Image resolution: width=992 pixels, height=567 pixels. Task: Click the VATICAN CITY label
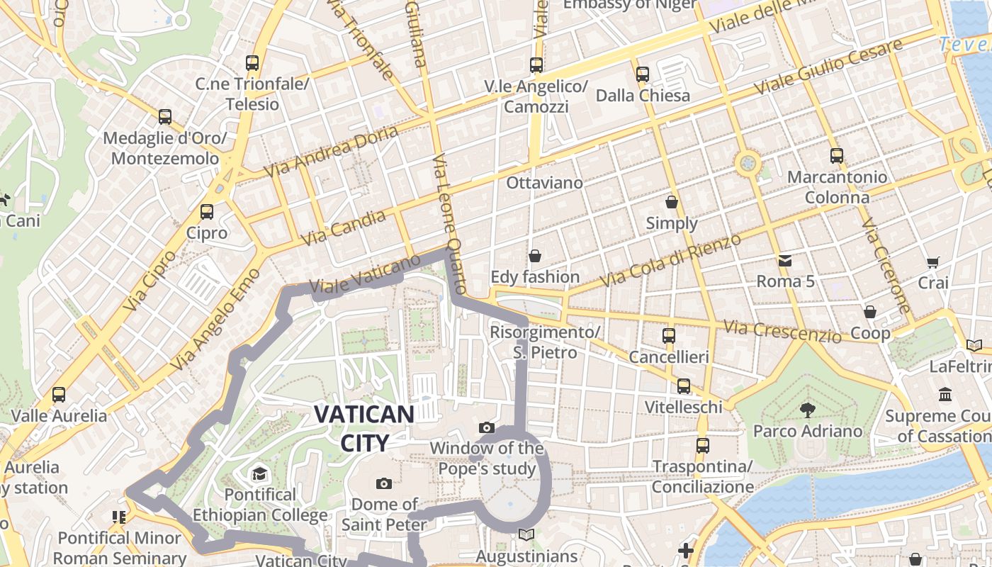[363, 428]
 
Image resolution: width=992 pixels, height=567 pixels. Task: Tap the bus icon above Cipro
[207, 211]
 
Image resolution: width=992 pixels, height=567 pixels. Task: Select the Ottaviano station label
[544, 183]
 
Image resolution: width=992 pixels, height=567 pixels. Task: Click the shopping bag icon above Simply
[671, 202]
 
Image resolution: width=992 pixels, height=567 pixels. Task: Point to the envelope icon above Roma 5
[785, 260]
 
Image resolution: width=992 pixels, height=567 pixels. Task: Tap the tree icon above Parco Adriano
[806, 409]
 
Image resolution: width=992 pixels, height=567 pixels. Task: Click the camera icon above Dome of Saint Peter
[384, 483]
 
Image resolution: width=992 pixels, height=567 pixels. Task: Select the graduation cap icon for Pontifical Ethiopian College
[259, 473]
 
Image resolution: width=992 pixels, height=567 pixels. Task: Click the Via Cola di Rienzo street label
[670, 260]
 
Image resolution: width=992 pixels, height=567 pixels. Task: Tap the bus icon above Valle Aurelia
[59, 394]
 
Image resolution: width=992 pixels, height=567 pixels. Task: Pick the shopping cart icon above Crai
[933, 262]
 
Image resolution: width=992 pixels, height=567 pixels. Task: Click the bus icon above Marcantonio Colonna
[837, 155]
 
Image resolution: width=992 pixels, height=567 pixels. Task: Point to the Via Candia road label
[344, 228]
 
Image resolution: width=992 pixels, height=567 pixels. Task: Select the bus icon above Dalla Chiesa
[643, 74]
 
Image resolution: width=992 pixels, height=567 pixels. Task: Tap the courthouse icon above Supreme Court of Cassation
[945, 394]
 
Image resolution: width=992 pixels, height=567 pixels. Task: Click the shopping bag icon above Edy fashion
[535, 255]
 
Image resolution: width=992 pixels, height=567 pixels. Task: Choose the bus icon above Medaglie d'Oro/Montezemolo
[165, 116]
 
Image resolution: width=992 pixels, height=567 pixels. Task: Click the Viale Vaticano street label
[366, 276]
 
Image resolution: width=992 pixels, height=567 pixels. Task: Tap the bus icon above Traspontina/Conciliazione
[702, 445]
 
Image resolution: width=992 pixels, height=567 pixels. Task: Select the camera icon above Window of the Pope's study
[486, 427]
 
